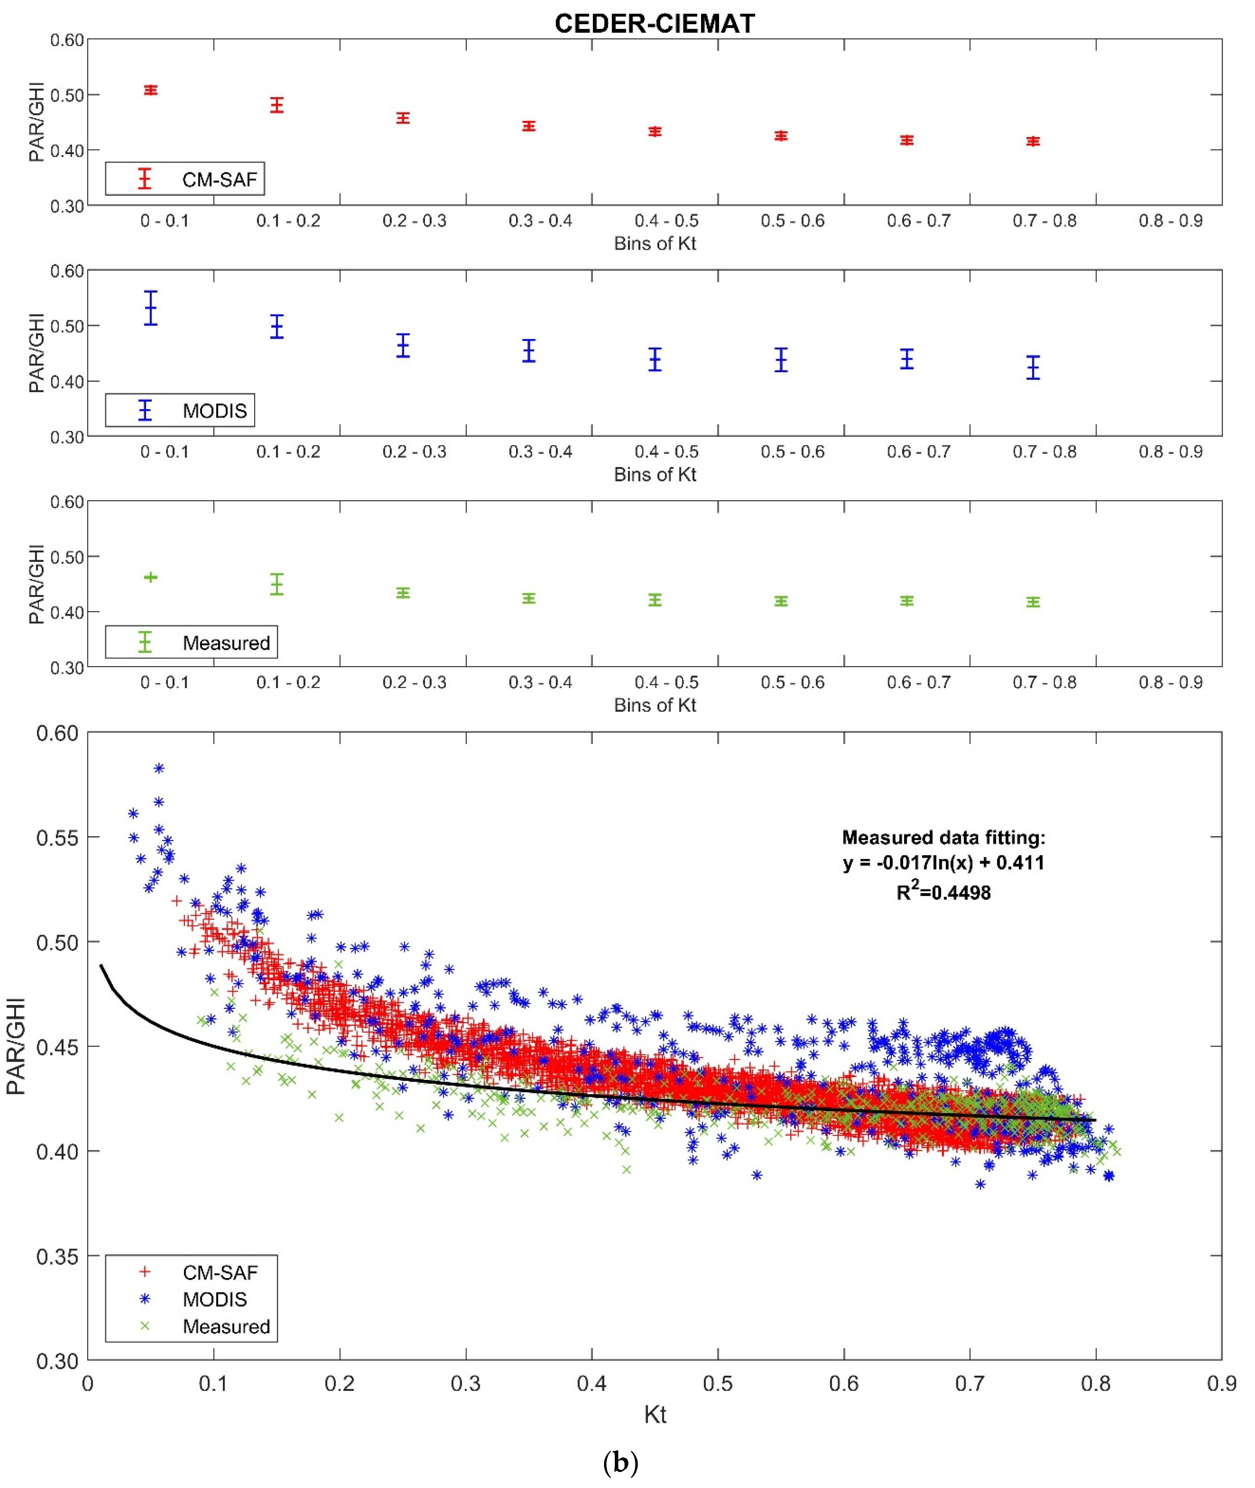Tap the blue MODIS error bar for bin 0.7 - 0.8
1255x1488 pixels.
pyautogui.click(x=1033, y=368)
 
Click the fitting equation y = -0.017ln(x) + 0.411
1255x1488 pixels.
pyautogui.click(x=943, y=863)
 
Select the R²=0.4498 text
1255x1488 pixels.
pyautogui.click(x=943, y=892)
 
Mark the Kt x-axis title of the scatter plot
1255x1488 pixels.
pyautogui.click(x=654, y=1414)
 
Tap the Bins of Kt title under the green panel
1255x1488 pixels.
pyautogui.click(x=654, y=705)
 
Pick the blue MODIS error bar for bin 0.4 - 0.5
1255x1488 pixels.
pyautogui.click(x=654, y=359)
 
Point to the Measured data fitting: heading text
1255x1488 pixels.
pyautogui.click(x=943, y=837)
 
